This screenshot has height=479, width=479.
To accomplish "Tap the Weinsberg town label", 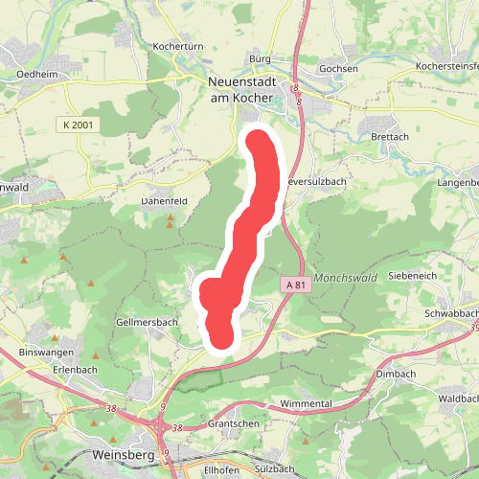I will (x=125, y=454).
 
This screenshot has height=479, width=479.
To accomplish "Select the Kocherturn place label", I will (x=174, y=46).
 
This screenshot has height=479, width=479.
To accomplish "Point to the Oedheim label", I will (x=38, y=73).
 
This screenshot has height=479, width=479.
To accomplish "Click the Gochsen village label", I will (x=338, y=69).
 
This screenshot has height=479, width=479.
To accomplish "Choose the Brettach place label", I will (x=389, y=137).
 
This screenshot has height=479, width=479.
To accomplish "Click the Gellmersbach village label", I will (x=147, y=323).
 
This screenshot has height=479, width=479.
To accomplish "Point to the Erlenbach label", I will (x=76, y=369).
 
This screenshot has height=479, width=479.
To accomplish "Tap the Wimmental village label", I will (x=307, y=404).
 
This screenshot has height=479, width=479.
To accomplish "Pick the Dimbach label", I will (x=395, y=374).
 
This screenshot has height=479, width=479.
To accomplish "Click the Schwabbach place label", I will (x=450, y=314).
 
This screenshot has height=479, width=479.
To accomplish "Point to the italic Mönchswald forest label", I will (x=346, y=277).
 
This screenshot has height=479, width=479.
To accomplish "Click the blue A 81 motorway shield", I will (x=295, y=285).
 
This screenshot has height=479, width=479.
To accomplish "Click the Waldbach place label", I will (x=457, y=398).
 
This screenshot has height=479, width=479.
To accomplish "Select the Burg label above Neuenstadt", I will (x=260, y=59).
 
